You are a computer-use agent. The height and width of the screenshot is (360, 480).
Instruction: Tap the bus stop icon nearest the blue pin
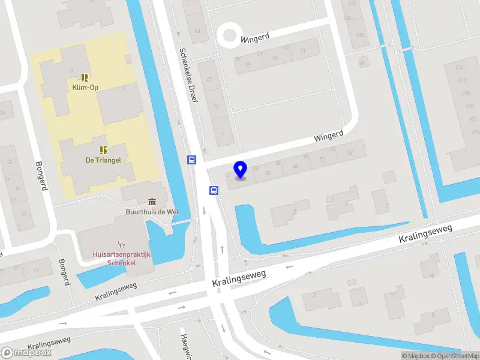coord(214,190)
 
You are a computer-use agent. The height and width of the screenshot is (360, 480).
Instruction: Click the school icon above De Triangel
coord(103,149)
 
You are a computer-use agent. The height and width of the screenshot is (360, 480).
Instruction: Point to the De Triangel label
coord(103,160)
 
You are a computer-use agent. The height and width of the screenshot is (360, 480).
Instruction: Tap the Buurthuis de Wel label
coord(152,211)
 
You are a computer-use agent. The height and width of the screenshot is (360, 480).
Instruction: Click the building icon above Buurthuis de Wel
coord(152,201)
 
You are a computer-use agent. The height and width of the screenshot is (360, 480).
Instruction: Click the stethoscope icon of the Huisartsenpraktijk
coord(122,244)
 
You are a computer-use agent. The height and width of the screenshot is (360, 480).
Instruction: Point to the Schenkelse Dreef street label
coord(187,75)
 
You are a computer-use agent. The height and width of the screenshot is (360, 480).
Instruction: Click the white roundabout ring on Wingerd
coord(229,35)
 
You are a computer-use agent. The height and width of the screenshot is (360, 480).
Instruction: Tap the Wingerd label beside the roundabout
coord(255,38)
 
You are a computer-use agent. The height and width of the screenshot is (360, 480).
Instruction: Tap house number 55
coord(275,58)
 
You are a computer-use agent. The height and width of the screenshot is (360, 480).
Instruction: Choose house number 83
coord(196,31)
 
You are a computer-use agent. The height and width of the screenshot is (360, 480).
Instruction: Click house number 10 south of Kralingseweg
coord(431,275)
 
